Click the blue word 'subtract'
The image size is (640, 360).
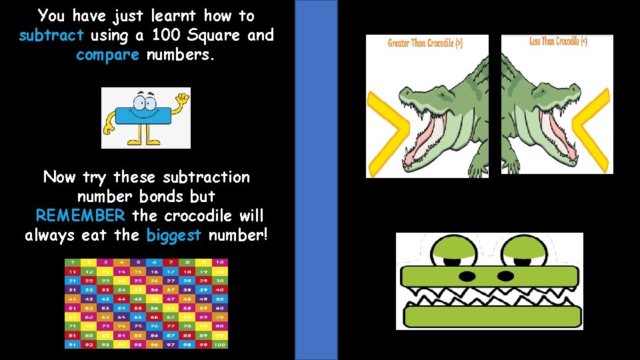coord(51,35)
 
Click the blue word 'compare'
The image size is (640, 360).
coord(107,55)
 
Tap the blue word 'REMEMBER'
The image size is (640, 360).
coord(80,215)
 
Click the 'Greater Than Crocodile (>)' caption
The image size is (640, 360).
coord(425,43)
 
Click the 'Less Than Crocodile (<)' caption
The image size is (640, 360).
coord(558,41)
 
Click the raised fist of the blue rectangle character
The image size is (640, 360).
coord(181,99)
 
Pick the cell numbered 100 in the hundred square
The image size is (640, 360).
coord(221,345)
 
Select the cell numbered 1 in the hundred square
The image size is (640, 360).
coord(71,262)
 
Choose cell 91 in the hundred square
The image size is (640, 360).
coord(71,345)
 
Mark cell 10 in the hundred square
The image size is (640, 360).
coord(221,262)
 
